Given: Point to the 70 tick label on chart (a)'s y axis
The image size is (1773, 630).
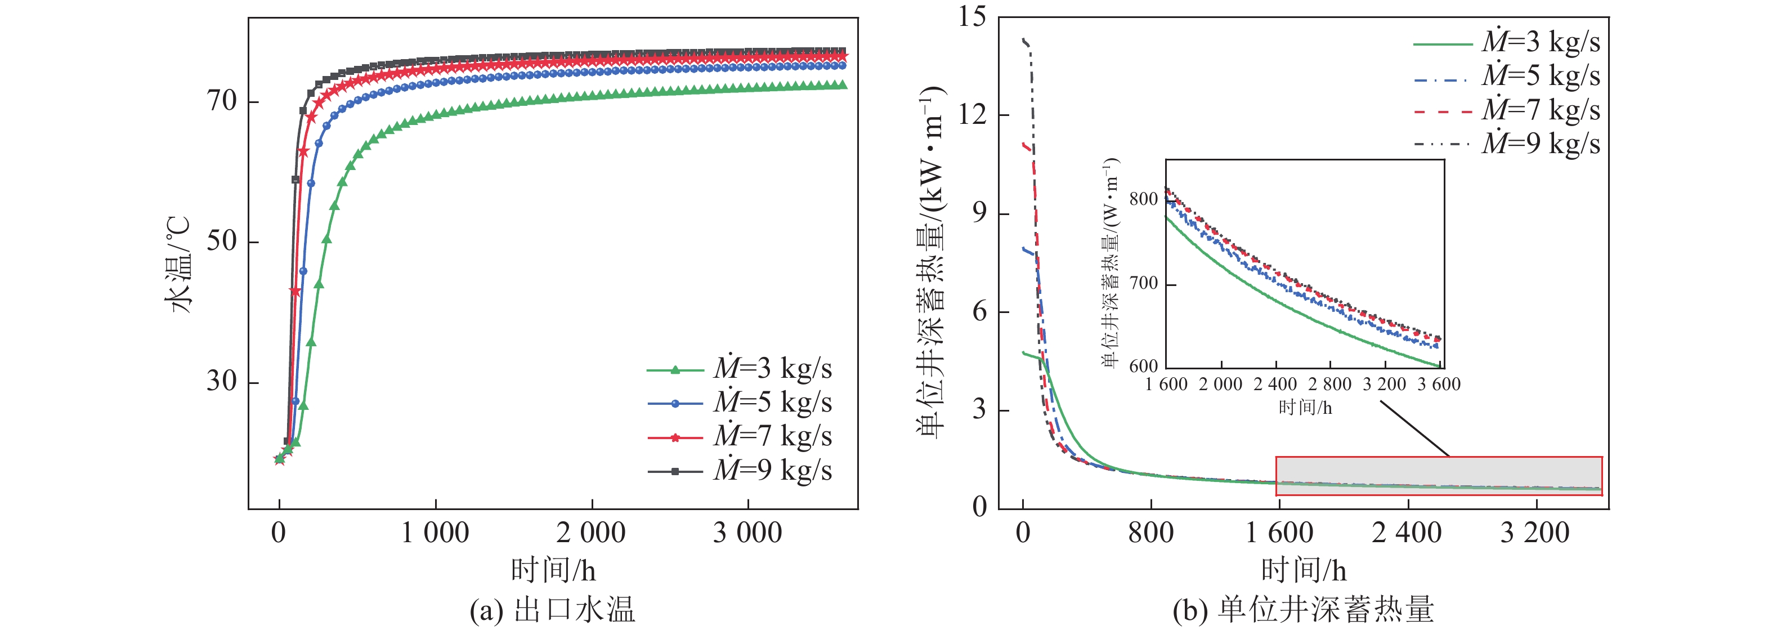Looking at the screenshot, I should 222,102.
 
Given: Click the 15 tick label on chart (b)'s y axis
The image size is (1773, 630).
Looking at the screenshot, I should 973,16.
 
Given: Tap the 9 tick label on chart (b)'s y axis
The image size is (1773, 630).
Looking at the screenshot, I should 979,213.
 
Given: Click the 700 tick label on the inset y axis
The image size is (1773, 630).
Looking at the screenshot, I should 1143,283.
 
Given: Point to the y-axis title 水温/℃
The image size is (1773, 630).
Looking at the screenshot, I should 177,265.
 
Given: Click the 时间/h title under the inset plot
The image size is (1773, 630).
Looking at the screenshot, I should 1305,408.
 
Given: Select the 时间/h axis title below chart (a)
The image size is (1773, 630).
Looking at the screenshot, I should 553,571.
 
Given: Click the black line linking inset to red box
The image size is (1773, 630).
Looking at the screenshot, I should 1414,428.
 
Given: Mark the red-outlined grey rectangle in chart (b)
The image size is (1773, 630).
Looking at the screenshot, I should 1439,475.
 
